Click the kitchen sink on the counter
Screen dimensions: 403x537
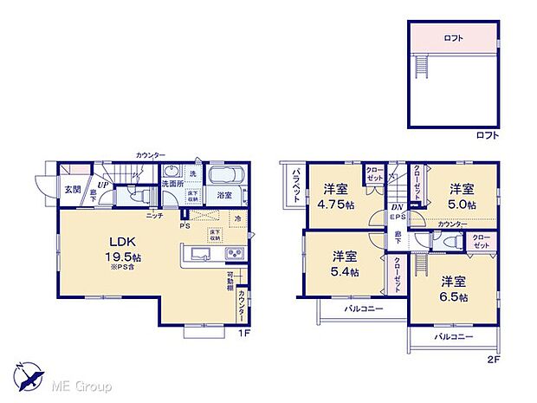pos(196,254)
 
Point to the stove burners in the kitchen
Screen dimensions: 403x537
pos(233,253)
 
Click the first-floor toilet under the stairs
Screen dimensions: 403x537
pos(136,197)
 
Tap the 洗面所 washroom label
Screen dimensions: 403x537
pos(171,184)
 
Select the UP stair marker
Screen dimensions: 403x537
pos(102,184)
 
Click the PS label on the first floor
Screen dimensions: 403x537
pos(184,228)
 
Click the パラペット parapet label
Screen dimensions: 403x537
pos(294,183)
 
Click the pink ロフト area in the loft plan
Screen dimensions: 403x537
pos(451,37)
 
